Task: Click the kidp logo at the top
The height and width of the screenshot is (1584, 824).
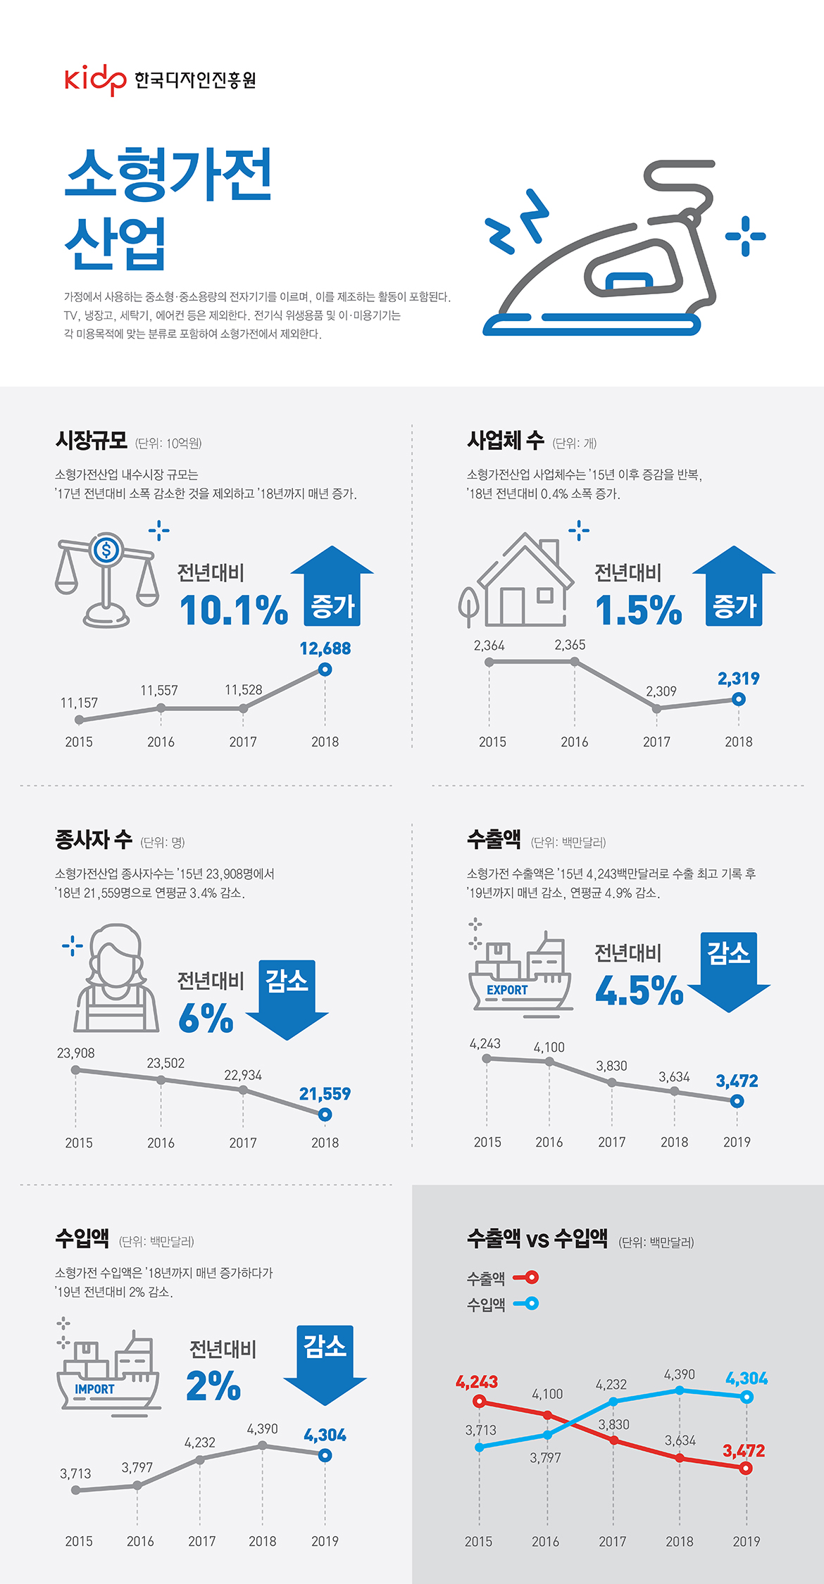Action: click(x=95, y=80)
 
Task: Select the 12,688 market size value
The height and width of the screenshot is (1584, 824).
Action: click(x=325, y=648)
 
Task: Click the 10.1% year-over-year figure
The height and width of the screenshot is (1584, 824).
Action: click(x=234, y=610)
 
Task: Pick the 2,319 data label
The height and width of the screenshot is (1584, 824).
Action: click(x=738, y=679)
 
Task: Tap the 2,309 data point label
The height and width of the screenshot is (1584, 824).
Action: click(x=661, y=691)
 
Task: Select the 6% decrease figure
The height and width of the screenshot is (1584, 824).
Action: click(x=206, y=1018)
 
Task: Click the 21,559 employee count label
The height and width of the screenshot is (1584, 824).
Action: click(x=325, y=1094)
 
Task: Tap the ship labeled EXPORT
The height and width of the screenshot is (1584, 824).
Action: click(x=520, y=975)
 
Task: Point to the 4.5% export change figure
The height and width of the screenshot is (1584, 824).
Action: click(x=639, y=991)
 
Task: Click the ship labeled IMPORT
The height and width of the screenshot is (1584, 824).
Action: click(x=108, y=1373)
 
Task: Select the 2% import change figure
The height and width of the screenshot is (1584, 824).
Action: click(x=213, y=1385)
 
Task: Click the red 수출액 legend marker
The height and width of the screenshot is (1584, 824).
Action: click(x=527, y=1277)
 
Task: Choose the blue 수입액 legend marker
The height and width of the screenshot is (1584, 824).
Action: click(x=527, y=1303)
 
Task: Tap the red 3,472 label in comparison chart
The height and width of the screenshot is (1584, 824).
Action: click(x=743, y=1451)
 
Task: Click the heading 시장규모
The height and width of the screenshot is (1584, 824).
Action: click(x=92, y=441)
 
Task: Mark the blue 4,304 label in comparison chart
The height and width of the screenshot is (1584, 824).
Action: click(x=747, y=1378)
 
